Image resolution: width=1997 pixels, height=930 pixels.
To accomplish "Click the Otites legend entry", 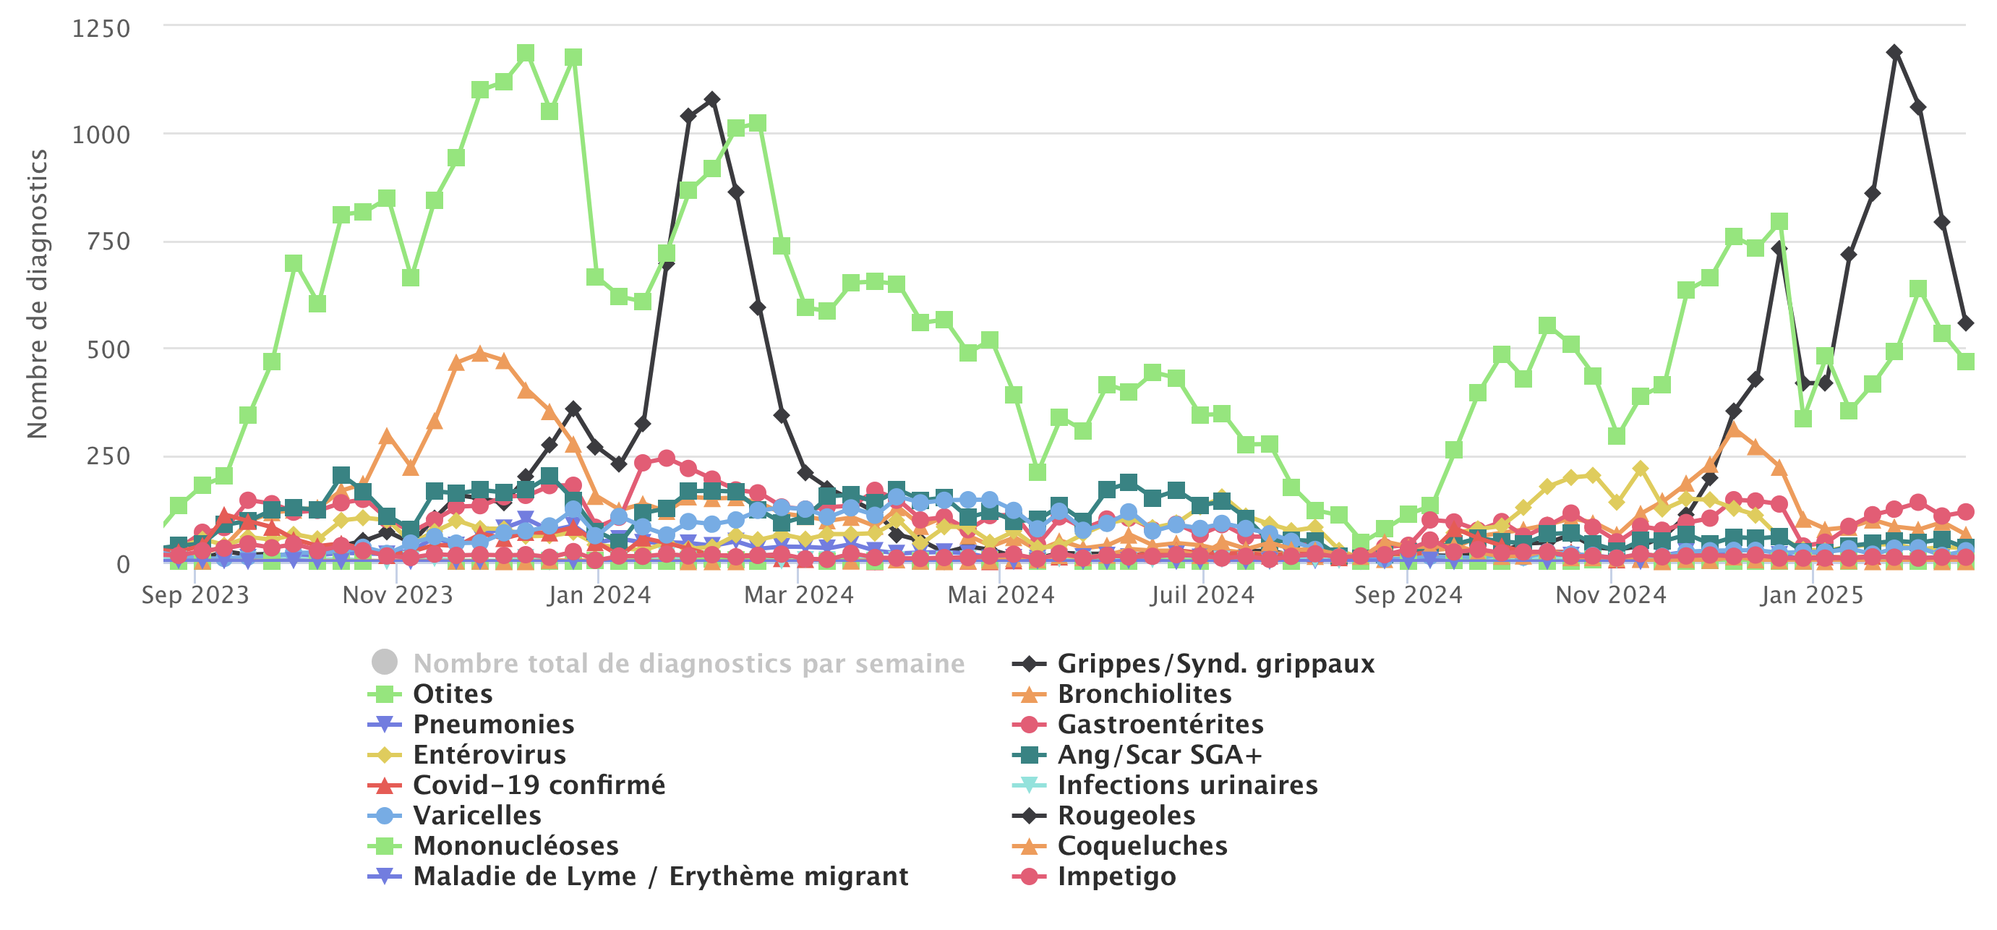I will click(x=452, y=694).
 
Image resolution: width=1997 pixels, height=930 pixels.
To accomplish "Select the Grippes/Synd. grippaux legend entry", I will click(x=1215, y=663).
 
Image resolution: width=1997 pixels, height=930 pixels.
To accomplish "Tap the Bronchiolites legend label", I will click(x=1145, y=694).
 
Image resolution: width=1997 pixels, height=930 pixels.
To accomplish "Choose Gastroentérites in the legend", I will click(x=1160, y=724).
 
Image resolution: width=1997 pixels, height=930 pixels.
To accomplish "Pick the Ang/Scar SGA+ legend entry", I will click(x=1159, y=754).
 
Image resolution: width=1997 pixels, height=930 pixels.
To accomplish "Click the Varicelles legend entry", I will click(x=476, y=815).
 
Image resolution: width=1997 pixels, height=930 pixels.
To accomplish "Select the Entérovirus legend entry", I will click(x=488, y=754).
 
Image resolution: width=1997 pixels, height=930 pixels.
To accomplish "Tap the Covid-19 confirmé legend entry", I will click(x=538, y=785).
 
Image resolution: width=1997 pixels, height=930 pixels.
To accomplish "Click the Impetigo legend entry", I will click(x=1116, y=876).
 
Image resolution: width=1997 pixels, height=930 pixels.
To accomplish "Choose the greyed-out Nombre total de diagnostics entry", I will click(x=688, y=663).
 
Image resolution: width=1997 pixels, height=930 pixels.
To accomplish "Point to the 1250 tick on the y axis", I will click(x=101, y=29).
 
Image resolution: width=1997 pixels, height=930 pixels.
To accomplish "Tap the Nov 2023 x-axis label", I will click(x=397, y=595).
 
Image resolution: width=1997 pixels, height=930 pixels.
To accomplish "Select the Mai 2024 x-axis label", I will click(x=1001, y=595).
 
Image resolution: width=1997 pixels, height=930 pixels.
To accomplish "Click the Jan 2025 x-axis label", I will click(x=1811, y=595).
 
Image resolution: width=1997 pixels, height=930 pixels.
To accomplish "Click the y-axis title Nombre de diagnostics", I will click(x=37, y=294).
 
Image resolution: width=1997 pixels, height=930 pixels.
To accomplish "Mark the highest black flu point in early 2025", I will click(x=1894, y=53).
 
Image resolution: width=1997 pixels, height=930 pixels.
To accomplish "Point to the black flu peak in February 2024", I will click(x=711, y=100).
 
